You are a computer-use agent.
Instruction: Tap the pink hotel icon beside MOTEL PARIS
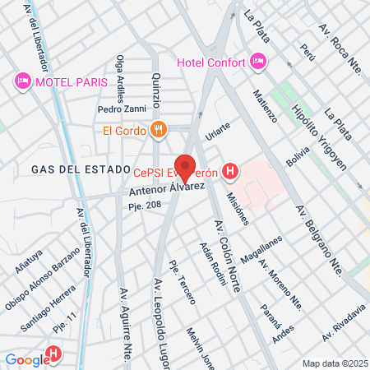pyautogui.click(x=21, y=81)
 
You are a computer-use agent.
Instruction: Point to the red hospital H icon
pyautogui.click(x=231, y=171)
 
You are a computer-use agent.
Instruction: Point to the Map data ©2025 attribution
pyautogui.click(x=334, y=363)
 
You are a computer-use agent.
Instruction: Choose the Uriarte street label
pyautogui.click(x=218, y=132)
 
